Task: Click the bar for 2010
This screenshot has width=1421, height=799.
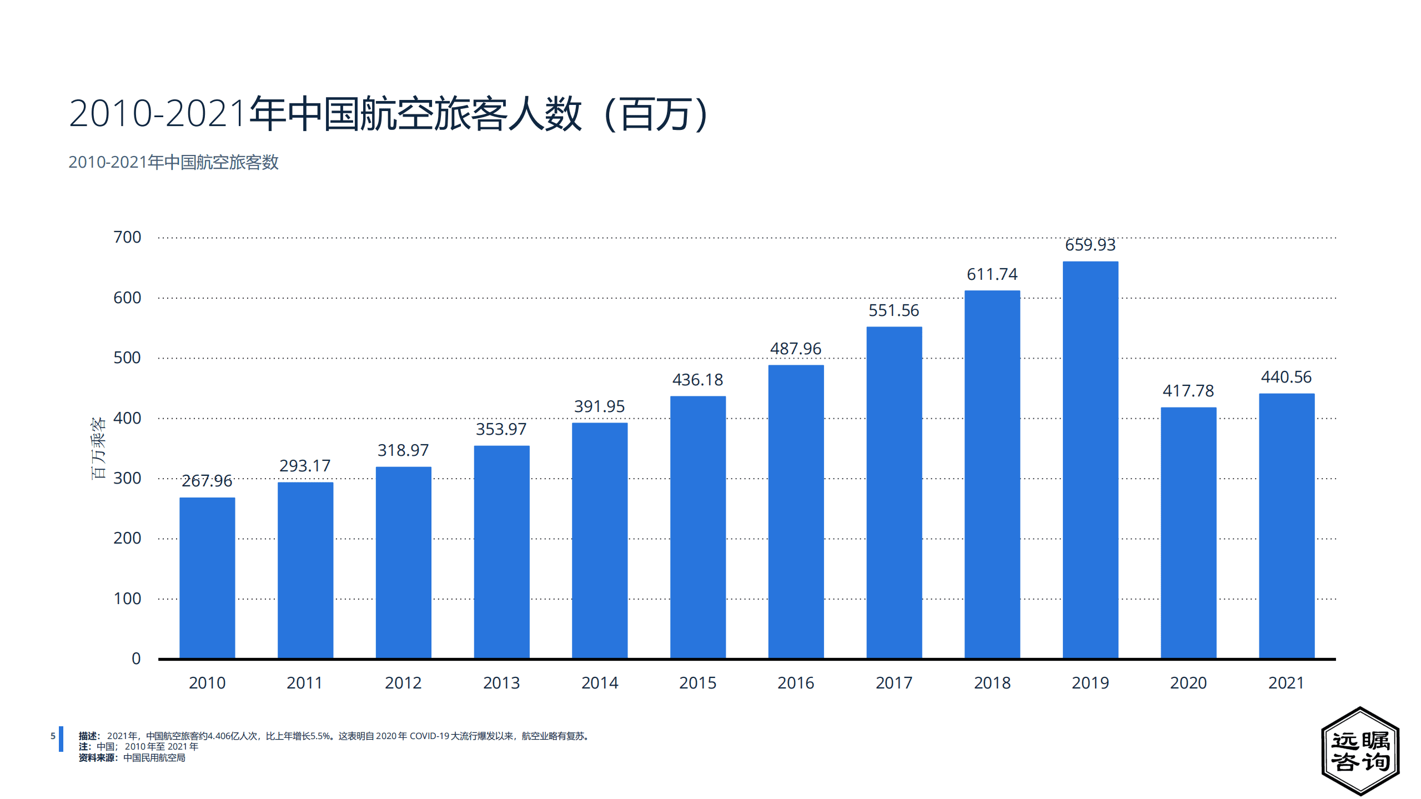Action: point(207,577)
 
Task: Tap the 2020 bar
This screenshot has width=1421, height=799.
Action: point(1188,533)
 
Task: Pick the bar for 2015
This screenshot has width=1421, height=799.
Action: point(697,527)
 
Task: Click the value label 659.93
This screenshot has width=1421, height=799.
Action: point(1090,245)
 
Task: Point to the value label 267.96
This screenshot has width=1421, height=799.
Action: point(207,481)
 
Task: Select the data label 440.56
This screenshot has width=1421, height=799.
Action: point(1286,377)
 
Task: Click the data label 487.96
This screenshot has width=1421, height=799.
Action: point(795,349)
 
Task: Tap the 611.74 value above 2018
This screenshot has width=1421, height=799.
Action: point(992,274)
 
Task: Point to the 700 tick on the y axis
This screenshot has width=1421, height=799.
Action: point(127,237)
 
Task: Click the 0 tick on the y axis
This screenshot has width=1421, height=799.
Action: point(136,659)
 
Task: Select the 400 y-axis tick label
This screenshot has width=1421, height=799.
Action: point(127,418)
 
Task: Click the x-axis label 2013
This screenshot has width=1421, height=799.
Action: point(501,683)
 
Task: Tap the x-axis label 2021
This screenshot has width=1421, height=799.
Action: point(1286,683)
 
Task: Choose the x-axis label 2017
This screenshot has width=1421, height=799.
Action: point(893,683)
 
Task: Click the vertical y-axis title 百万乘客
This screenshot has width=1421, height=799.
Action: point(98,448)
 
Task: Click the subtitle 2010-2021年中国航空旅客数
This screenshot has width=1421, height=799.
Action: point(173,162)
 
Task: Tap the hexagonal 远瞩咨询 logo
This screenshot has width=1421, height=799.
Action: point(1360,751)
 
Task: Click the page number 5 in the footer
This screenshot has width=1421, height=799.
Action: point(53,736)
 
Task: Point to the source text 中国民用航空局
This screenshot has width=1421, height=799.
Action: point(154,758)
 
